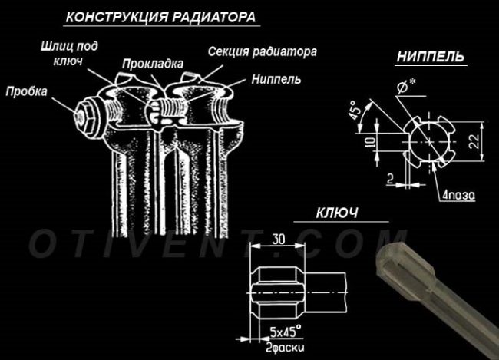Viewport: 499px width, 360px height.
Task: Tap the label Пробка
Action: (27, 91)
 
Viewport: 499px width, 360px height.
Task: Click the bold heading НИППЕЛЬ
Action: (431, 57)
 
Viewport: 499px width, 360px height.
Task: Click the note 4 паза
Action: (460, 195)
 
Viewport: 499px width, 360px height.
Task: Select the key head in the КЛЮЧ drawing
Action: (276, 292)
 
